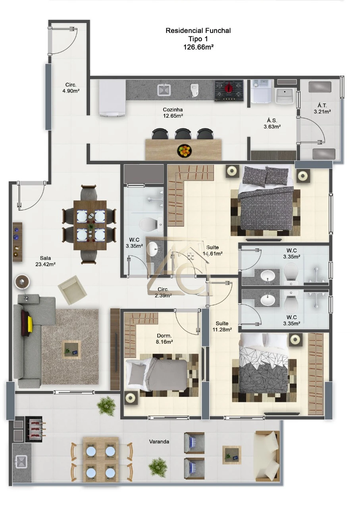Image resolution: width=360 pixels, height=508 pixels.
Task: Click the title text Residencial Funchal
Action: pos(198,31)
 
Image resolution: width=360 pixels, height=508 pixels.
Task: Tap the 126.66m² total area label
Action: pos(198,47)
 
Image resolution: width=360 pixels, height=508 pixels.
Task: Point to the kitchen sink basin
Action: pos(164,89)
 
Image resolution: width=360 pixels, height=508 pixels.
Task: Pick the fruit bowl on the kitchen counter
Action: pos(185,151)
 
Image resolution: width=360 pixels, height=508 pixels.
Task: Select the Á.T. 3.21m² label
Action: pos(322,108)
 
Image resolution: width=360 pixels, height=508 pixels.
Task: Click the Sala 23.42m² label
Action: pos(45,261)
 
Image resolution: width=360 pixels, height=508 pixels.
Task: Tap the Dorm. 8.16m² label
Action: pos(164,339)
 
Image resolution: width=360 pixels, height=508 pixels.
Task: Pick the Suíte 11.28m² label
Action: pos(222,326)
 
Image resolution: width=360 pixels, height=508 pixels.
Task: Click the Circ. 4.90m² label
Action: pos(71,88)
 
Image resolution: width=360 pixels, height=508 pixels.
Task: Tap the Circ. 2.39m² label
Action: pos(163,292)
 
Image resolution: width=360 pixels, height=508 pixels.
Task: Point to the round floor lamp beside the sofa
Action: pos(22,282)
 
